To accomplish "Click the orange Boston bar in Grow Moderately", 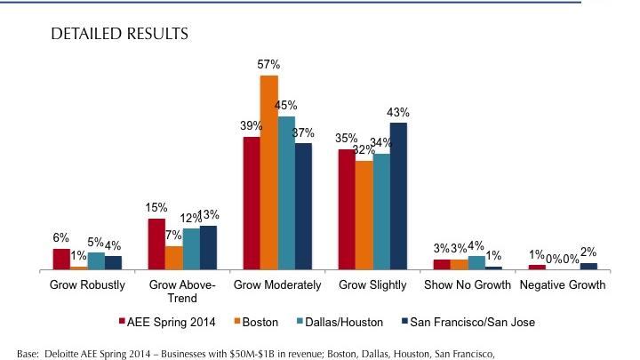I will (x=268, y=172).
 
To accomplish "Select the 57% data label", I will (x=269, y=65).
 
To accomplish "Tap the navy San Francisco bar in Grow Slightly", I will (x=398, y=196).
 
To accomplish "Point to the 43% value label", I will (x=398, y=112).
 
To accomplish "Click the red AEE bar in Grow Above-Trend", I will (x=156, y=244).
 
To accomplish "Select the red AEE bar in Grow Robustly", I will (x=61, y=259).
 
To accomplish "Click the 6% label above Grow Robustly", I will (x=61, y=237).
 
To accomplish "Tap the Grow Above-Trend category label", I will (x=174, y=292).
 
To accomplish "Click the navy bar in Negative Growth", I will (x=588, y=266).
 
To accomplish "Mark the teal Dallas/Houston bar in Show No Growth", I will (x=476, y=262).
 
